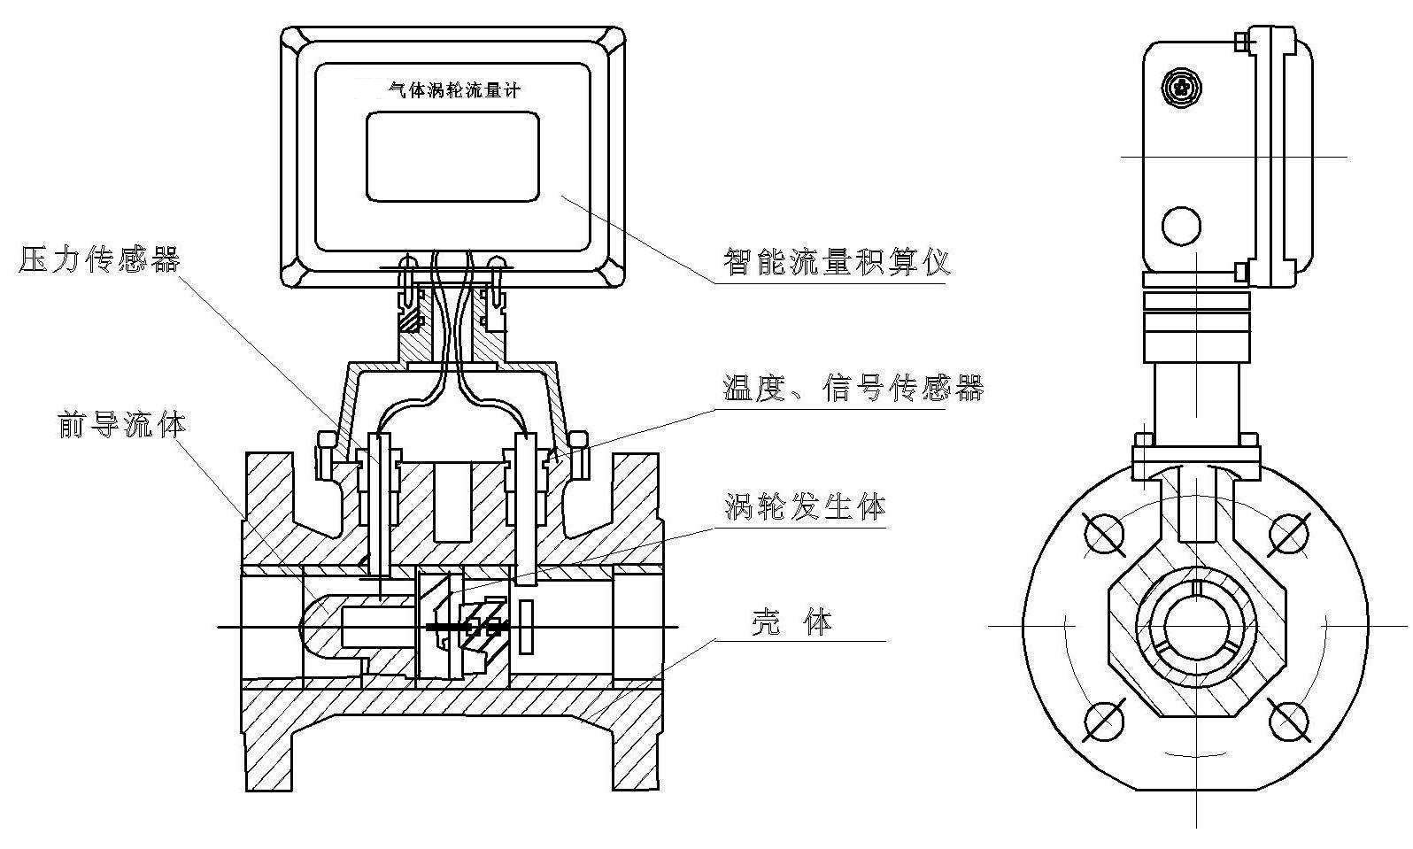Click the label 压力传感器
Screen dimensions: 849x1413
pos(99,259)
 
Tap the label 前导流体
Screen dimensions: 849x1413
pos(122,424)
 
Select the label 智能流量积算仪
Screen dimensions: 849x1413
pos(836,262)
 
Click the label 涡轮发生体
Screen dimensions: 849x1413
pos(804,507)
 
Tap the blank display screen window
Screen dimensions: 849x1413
pos(452,156)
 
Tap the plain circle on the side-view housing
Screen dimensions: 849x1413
pos(1181,225)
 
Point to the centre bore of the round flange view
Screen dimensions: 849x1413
pos(1196,625)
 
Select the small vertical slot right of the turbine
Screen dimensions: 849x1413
pos(526,627)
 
